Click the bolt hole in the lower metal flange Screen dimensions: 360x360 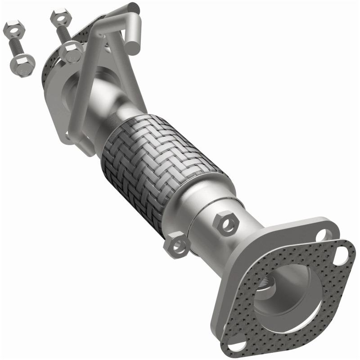tap(323, 235)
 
